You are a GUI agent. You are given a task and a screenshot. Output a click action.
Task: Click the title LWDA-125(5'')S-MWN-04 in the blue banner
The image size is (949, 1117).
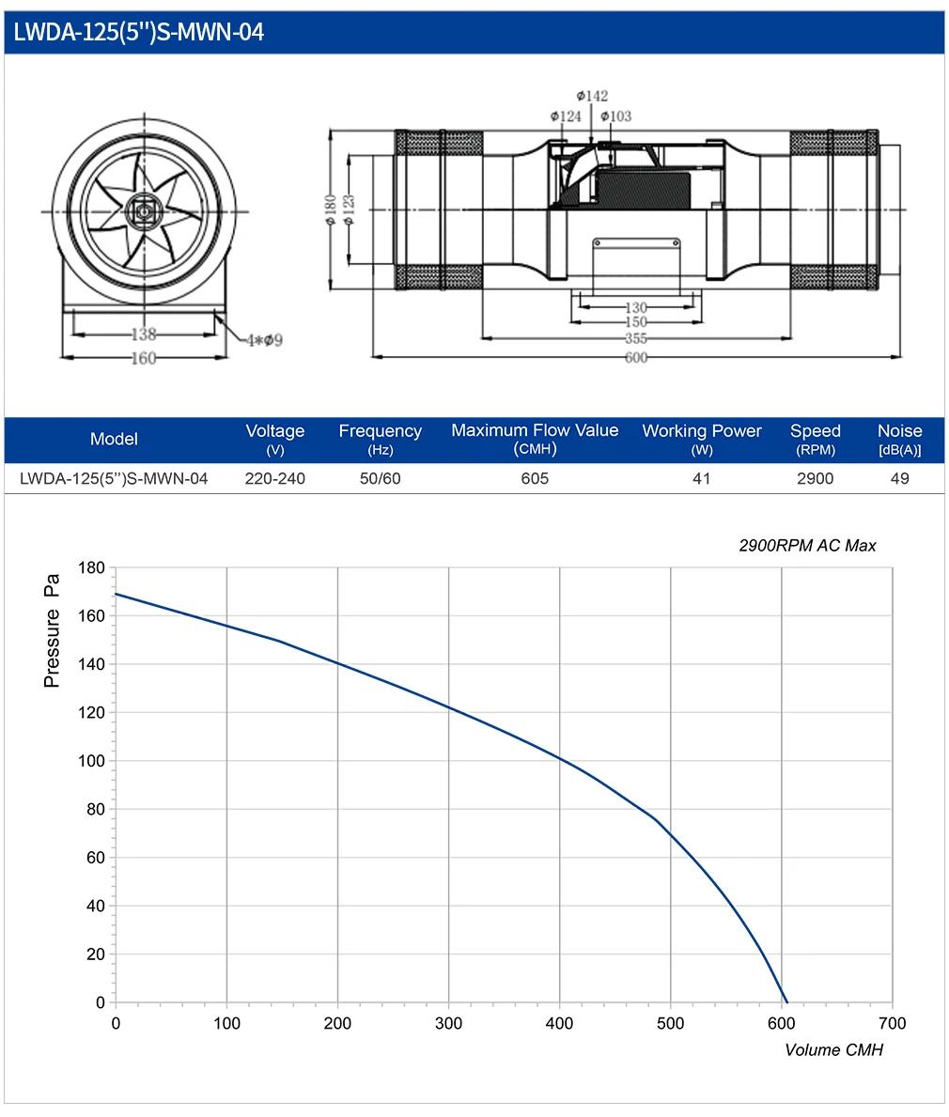(x=139, y=32)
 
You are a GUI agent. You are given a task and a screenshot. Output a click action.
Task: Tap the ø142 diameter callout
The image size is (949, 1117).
(x=592, y=96)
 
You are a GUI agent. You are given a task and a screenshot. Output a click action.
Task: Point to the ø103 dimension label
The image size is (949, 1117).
(x=615, y=116)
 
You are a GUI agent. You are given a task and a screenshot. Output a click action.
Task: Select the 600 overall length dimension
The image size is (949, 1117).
(x=636, y=357)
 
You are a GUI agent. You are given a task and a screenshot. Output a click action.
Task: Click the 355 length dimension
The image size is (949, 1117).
(x=636, y=338)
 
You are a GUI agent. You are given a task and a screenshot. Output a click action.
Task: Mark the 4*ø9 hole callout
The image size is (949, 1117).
(x=265, y=340)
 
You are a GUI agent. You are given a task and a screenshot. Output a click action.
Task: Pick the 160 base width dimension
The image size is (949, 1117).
(x=143, y=358)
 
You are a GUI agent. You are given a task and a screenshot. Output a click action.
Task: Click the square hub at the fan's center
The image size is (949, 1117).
(x=145, y=210)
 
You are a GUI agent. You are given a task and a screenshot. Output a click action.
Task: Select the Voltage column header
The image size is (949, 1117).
(x=275, y=439)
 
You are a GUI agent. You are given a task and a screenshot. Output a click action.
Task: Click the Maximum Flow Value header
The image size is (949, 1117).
(x=535, y=439)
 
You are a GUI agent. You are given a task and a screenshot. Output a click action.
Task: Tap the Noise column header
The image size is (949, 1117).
(x=899, y=439)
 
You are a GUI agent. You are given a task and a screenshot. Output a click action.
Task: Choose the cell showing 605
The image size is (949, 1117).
(x=535, y=479)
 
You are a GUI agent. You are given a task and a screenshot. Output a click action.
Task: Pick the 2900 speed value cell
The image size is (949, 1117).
(x=815, y=479)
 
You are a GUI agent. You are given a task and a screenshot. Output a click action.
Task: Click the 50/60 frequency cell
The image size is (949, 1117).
(x=380, y=479)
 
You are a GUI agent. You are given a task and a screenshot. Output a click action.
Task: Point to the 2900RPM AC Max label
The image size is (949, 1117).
(x=807, y=546)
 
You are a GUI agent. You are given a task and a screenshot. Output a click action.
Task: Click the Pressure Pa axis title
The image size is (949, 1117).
(x=52, y=630)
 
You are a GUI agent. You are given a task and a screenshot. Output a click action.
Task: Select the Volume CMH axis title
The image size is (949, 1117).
(x=833, y=1050)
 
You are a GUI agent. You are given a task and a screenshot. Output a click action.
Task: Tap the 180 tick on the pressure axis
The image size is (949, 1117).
(x=91, y=567)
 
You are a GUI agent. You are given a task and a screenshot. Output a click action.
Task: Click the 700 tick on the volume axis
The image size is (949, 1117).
(x=892, y=1024)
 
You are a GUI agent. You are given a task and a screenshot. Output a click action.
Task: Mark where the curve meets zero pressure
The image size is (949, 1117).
(x=786, y=1002)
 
